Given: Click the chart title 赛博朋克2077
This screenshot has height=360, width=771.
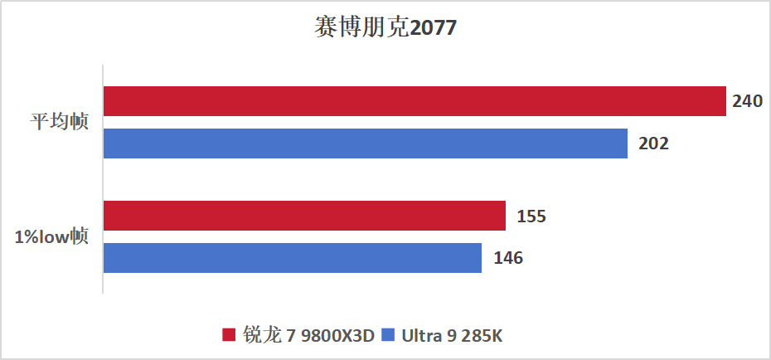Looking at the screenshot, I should pyautogui.click(x=385, y=28).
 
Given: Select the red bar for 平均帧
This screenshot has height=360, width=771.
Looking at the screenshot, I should pyautogui.click(x=415, y=102).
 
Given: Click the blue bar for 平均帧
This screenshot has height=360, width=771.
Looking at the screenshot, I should pyautogui.click(x=366, y=143).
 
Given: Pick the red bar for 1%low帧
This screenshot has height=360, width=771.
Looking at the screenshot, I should pyautogui.click(x=304, y=216).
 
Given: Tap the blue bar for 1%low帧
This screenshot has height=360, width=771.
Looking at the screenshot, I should pyautogui.click(x=293, y=257).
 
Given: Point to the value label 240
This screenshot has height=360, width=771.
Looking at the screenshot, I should pyautogui.click(x=747, y=102).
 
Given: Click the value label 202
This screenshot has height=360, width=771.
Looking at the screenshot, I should pyautogui.click(x=653, y=143).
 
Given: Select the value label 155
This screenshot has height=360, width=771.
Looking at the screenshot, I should pyautogui.click(x=531, y=216).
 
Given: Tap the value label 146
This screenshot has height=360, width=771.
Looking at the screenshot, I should pyautogui.click(x=507, y=257).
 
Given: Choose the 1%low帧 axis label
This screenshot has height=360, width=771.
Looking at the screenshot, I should pyautogui.click(x=51, y=237).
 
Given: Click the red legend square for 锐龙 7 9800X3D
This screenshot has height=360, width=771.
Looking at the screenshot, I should pyautogui.click(x=230, y=335).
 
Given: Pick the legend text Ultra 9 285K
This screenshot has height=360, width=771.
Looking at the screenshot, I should pyautogui.click(x=452, y=335).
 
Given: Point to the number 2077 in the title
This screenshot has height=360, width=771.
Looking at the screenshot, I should pyautogui.click(x=433, y=28).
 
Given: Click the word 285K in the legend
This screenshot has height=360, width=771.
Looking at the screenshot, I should pyautogui.click(x=483, y=335).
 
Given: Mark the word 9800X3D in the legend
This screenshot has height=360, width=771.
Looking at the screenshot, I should pyautogui.click(x=337, y=335).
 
